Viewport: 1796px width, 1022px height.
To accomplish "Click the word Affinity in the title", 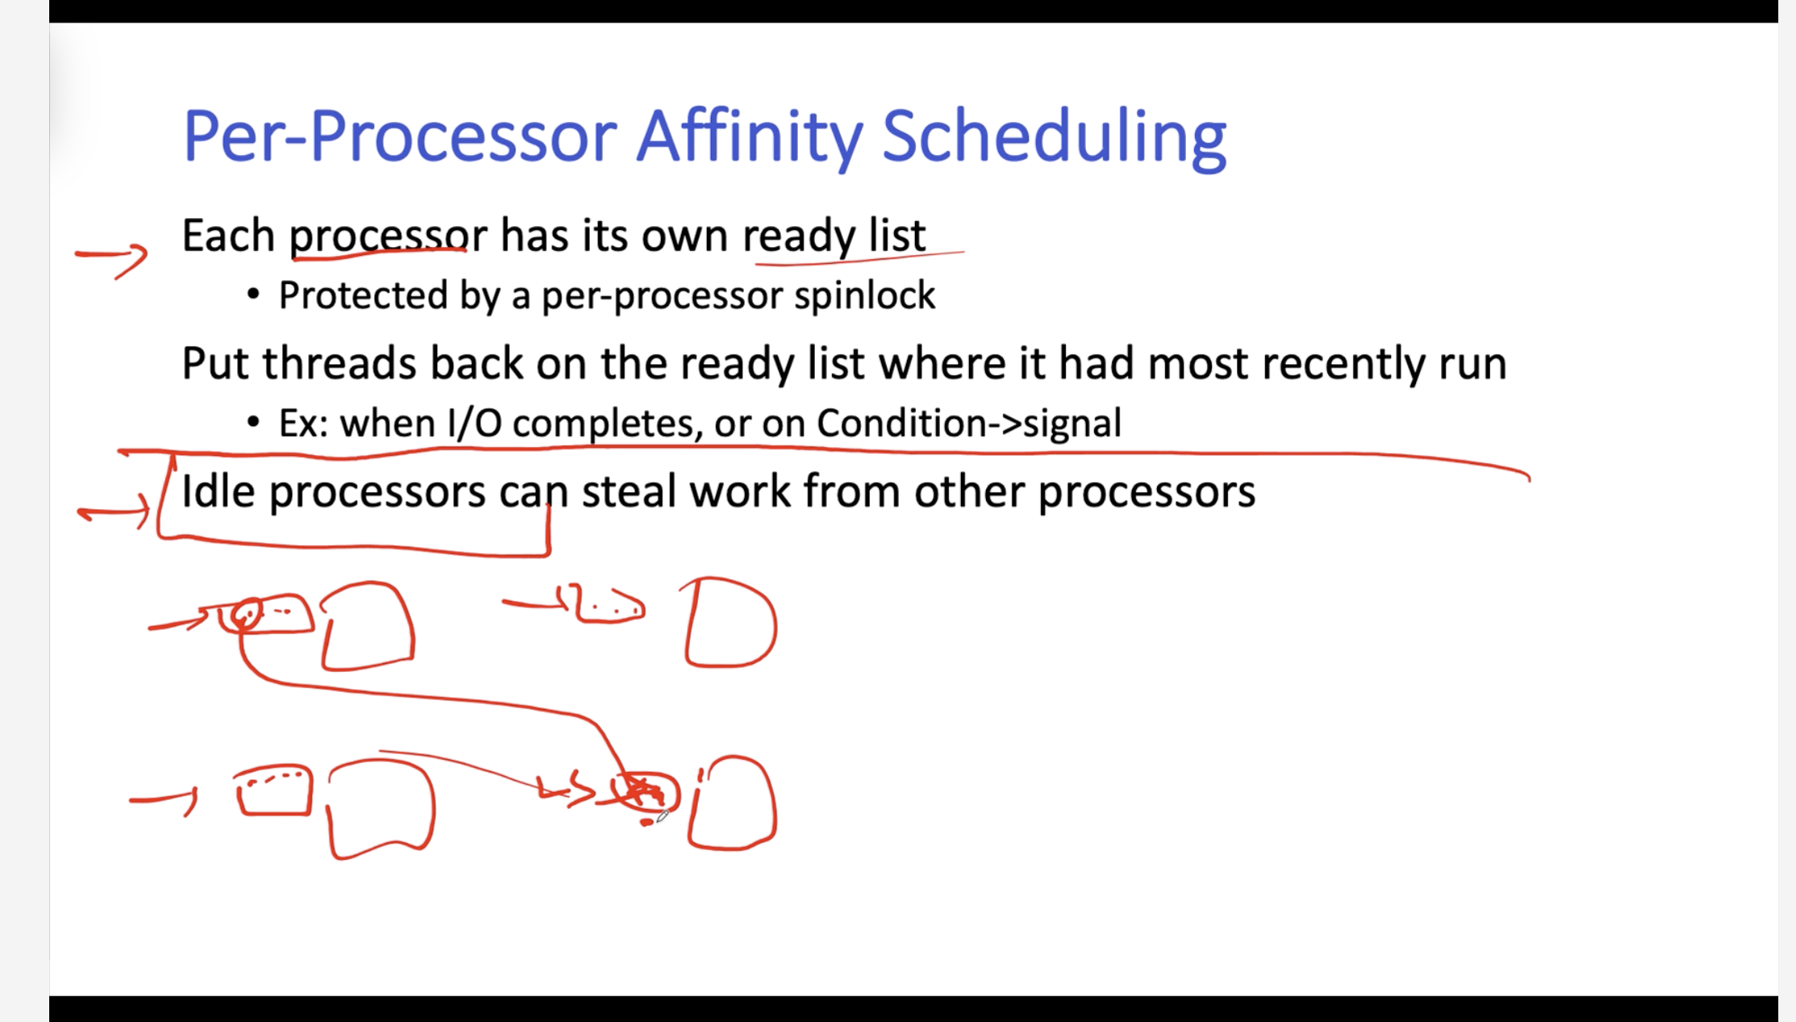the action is click(x=750, y=138).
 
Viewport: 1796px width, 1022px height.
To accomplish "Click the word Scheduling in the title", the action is click(x=1055, y=138).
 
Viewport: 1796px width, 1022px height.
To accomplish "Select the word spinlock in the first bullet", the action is click(x=864, y=296).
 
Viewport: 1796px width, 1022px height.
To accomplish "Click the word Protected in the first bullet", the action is click(x=363, y=295).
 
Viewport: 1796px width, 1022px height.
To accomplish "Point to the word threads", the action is click(x=340, y=363).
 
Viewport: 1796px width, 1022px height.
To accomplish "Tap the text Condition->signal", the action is click(x=968, y=424).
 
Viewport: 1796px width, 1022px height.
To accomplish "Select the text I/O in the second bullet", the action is click(x=475, y=424).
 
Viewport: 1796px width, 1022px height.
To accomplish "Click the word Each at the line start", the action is click(x=229, y=236).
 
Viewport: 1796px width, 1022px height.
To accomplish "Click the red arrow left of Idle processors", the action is click(x=115, y=512).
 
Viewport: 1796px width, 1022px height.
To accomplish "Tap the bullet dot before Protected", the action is click(x=253, y=295).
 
